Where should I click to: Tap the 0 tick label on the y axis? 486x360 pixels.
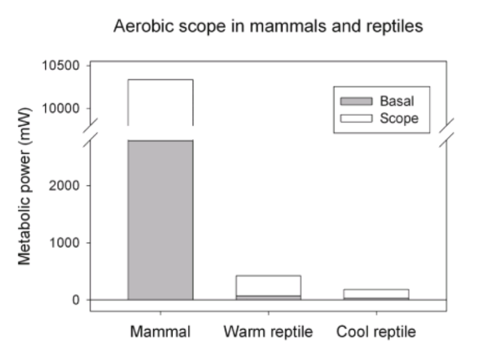tap(76, 300)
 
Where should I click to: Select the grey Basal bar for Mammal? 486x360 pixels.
tap(160, 219)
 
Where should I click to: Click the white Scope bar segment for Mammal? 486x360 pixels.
tap(160, 101)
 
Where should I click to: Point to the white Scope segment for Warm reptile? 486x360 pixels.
tap(269, 286)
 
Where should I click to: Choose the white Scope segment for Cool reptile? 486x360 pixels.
tap(376, 293)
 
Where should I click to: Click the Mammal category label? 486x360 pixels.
tap(160, 332)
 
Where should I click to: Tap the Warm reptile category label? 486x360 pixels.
tap(268, 332)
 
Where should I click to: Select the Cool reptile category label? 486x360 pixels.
tap(376, 332)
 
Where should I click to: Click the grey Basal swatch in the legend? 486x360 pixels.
tap(356, 100)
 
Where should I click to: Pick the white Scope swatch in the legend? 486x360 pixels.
tap(356, 118)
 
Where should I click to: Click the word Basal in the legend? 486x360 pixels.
tap(397, 100)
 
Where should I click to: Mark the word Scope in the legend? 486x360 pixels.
tap(399, 118)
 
